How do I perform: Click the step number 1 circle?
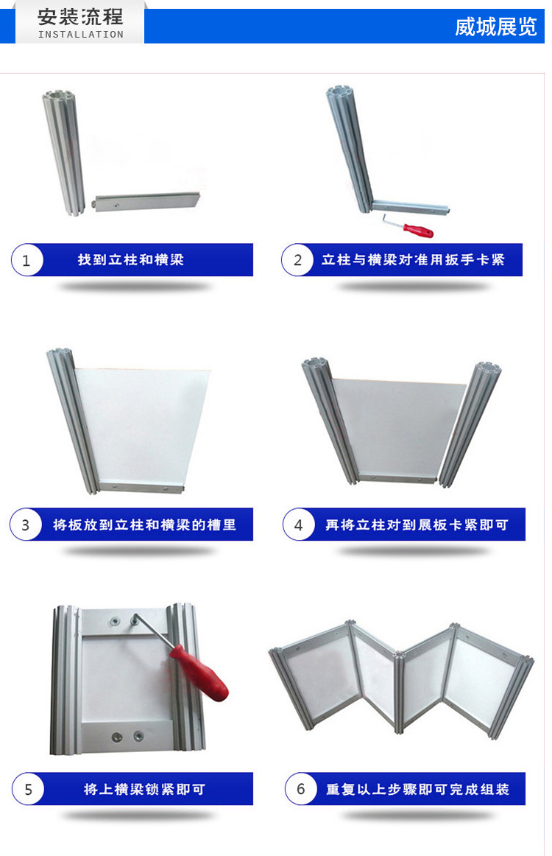pyautogui.click(x=26, y=260)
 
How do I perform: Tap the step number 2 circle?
pyautogui.click(x=297, y=260)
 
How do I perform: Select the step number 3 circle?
pyautogui.click(x=26, y=525)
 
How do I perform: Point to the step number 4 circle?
pyautogui.click(x=298, y=525)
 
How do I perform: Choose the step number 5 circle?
pyautogui.click(x=28, y=789)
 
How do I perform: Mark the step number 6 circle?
pyautogui.click(x=300, y=789)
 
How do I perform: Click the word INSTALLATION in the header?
pyautogui.click(x=81, y=35)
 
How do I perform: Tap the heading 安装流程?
pyautogui.click(x=80, y=17)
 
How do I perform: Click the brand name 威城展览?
pyautogui.click(x=496, y=27)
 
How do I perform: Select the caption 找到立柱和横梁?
pyautogui.click(x=131, y=260)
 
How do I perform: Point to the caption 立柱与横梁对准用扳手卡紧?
pyautogui.click(x=413, y=260)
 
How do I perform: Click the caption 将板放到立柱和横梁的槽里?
pyautogui.click(x=144, y=525)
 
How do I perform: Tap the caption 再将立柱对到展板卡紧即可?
pyautogui.click(x=417, y=525)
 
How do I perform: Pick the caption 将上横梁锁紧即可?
pyautogui.click(x=144, y=790)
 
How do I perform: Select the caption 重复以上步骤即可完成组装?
pyautogui.click(x=417, y=790)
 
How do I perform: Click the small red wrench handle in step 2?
pyautogui.click(x=418, y=230)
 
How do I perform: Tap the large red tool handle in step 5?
pyautogui.click(x=199, y=673)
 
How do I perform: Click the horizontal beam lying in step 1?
pyautogui.click(x=147, y=201)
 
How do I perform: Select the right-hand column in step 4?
pyautogui.click(x=471, y=424)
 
